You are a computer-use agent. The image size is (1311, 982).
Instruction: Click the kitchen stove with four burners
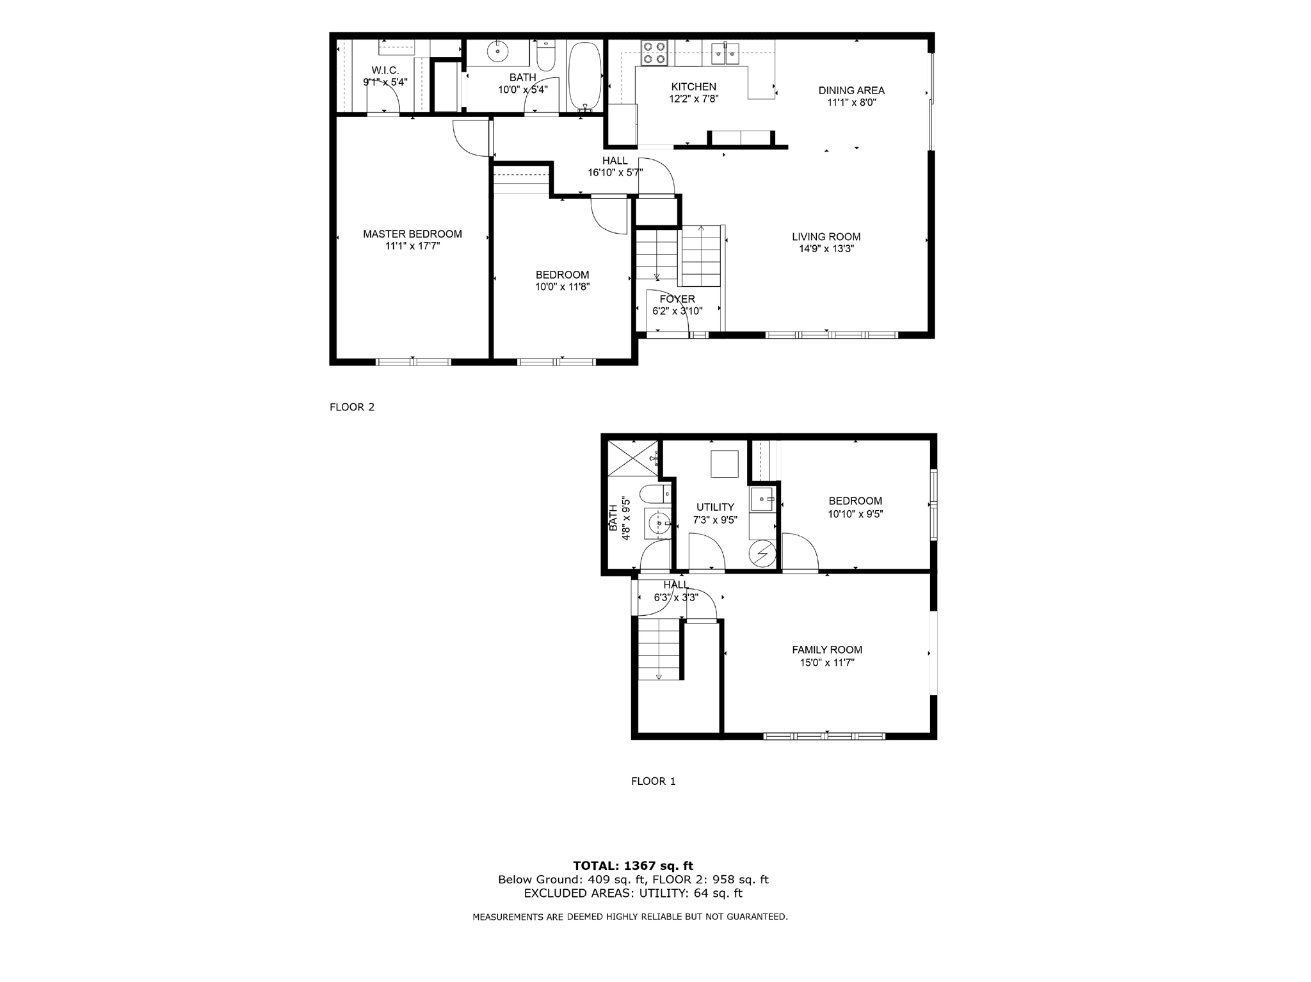(654, 52)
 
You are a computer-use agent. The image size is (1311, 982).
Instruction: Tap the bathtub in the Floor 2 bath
(585, 76)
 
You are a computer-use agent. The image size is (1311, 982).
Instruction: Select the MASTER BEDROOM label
(412, 234)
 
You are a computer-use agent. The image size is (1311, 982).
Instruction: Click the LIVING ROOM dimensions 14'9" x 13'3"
(826, 249)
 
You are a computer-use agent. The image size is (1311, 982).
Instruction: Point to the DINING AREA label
(851, 90)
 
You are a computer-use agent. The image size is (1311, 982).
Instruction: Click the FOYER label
(677, 299)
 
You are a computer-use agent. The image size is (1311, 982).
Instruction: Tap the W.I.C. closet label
(385, 70)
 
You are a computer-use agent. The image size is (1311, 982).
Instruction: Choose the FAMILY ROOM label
(826, 649)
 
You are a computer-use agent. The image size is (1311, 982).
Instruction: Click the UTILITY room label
(715, 507)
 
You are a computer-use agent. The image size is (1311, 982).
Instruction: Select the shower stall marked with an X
(632, 458)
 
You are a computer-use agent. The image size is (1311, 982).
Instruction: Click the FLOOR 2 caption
(351, 407)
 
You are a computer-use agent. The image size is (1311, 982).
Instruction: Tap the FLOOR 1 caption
(653, 781)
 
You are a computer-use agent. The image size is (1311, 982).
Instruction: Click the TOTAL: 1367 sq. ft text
(632, 866)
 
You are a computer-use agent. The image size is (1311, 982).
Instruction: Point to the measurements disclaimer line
(630, 917)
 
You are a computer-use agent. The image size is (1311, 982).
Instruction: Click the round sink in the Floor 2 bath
(497, 51)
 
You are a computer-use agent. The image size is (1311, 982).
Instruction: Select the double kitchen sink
(725, 53)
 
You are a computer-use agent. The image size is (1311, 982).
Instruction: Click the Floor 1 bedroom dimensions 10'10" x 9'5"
(855, 513)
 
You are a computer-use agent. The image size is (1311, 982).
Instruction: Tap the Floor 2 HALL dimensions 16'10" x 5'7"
(615, 172)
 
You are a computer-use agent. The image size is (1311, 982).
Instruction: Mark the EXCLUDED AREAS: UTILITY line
(632, 893)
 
